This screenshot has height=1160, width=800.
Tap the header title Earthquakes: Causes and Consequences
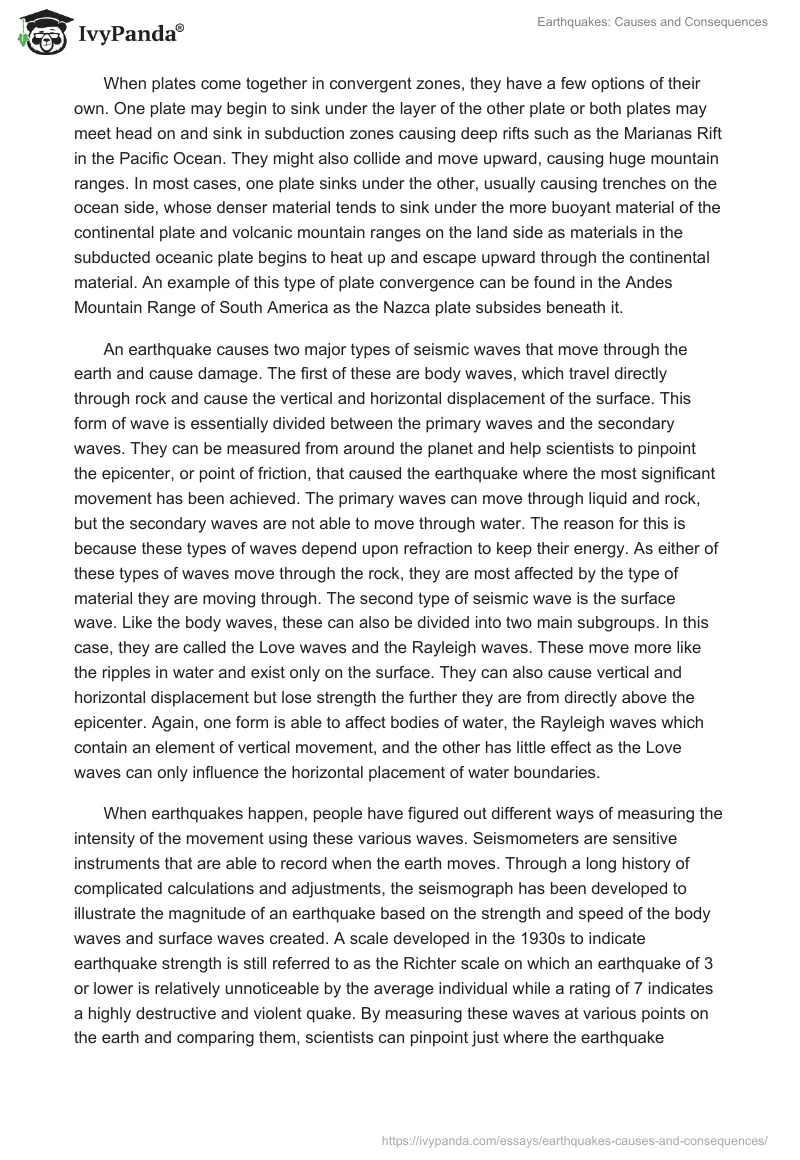[662, 23]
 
